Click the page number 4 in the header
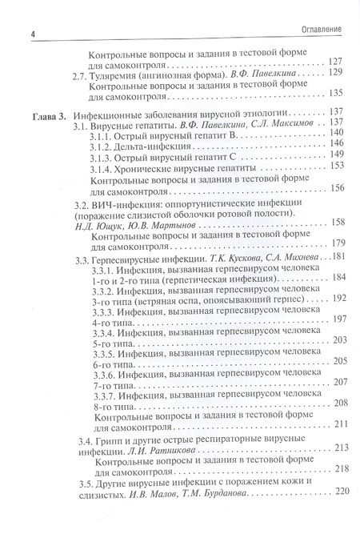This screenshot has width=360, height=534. (x=31, y=31)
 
